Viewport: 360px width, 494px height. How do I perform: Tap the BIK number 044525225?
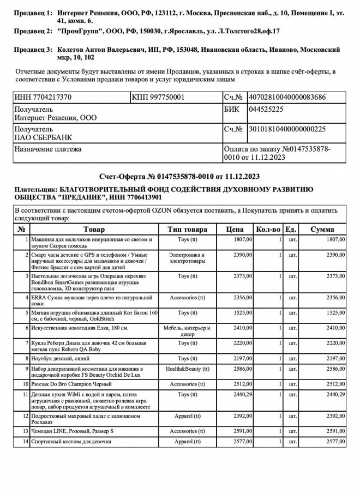(x=265, y=109)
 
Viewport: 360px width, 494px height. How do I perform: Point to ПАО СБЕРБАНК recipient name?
(x=43, y=137)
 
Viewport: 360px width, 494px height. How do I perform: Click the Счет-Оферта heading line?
(x=179, y=177)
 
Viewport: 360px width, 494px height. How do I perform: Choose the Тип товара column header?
(x=187, y=230)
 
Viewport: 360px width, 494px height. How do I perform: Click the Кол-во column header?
(x=268, y=230)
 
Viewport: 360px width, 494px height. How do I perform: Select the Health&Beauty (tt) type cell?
(x=187, y=369)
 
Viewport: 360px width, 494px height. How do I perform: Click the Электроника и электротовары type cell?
(x=187, y=258)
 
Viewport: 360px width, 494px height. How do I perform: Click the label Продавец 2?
(x=33, y=32)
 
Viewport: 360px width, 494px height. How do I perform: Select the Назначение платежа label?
(x=47, y=149)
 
